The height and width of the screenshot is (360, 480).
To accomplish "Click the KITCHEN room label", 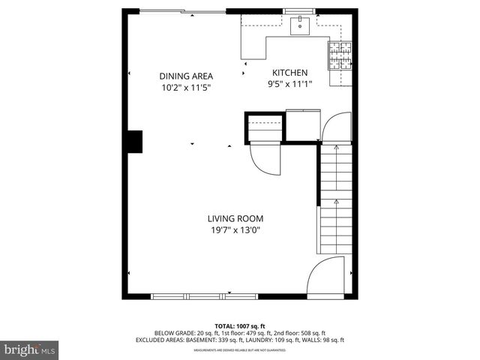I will click(x=290, y=73).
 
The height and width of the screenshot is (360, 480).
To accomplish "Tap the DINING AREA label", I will click(x=186, y=76).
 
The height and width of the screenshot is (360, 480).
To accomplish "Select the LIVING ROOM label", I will click(x=235, y=219).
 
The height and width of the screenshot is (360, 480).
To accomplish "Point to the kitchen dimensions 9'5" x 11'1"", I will click(x=290, y=84).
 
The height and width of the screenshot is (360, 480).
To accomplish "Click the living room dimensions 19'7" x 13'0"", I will click(x=235, y=230).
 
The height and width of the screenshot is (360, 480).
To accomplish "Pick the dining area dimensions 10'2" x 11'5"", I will click(x=186, y=87).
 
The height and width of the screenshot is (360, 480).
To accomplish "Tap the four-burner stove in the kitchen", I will click(x=340, y=56).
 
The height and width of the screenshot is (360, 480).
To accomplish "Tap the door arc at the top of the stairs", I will click(x=335, y=126).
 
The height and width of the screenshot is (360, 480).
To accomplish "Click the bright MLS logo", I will click(x=30, y=349).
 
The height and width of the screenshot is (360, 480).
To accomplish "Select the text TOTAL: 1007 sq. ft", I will click(x=239, y=325).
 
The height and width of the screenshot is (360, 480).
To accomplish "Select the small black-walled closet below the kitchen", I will click(x=265, y=127).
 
